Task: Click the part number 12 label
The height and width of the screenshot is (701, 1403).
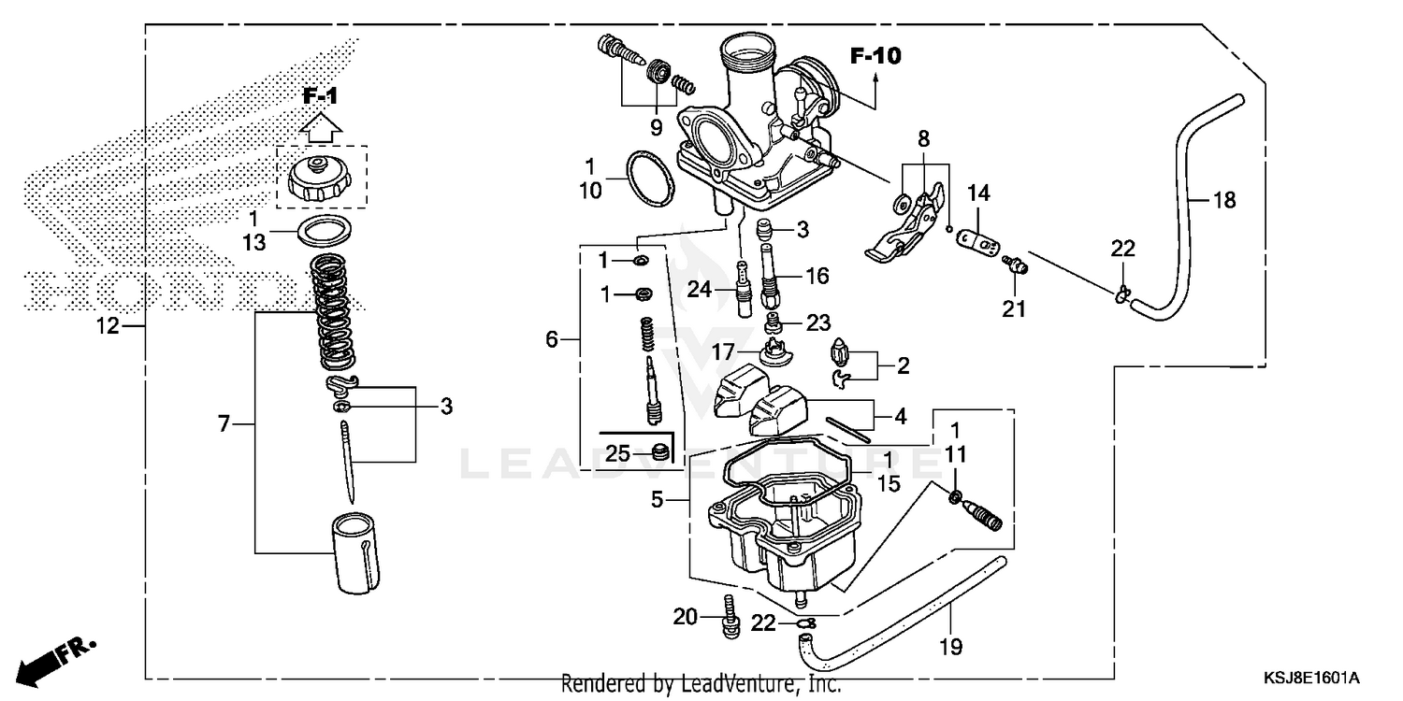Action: click(x=108, y=326)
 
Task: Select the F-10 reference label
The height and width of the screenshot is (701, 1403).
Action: click(x=875, y=56)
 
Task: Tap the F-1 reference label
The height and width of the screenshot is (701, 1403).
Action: click(x=320, y=95)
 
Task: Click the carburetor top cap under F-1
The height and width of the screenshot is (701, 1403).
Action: click(x=321, y=178)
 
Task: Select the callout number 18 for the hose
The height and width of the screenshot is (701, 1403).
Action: click(x=1223, y=199)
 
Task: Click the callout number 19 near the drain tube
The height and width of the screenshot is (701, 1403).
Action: click(x=953, y=646)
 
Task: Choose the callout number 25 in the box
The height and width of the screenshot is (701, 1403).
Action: click(x=617, y=453)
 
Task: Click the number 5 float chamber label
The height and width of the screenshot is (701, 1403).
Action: click(x=658, y=500)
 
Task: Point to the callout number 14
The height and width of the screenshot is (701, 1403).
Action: click(x=978, y=193)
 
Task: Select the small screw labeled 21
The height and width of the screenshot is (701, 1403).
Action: click(x=1013, y=266)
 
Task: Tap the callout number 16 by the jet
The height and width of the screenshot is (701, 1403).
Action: click(x=817, y=275)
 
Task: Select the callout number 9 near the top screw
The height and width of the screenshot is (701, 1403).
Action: click(x=656, y=127)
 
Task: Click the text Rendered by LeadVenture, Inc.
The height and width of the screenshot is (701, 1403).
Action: click(x=701, y=684)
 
